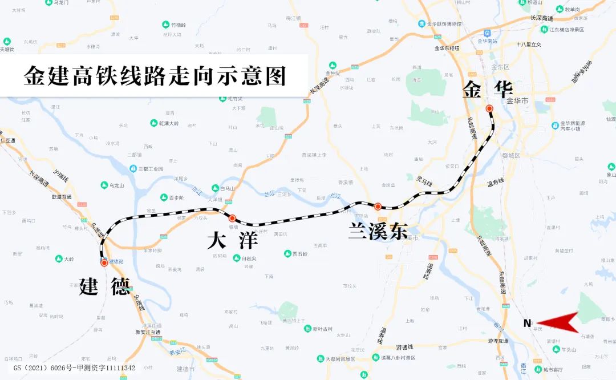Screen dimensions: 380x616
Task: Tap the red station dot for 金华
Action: point(489,108)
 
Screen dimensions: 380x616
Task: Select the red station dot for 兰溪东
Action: point(378,206)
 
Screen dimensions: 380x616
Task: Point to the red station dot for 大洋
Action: point(232,218)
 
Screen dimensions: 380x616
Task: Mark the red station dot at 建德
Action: point(104,263)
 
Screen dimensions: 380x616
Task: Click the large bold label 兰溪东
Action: point(378,232)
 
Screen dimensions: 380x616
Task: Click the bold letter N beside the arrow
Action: point(528,324)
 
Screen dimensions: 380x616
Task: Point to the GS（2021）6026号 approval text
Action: point(74,368)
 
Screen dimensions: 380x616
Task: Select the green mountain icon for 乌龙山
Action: point(104,185)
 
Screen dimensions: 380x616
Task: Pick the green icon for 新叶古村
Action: point(307,329)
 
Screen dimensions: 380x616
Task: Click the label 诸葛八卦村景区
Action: point(403,358)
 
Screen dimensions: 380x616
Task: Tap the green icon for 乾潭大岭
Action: point(153,123)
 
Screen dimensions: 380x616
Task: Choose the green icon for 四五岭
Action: point(288,254)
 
